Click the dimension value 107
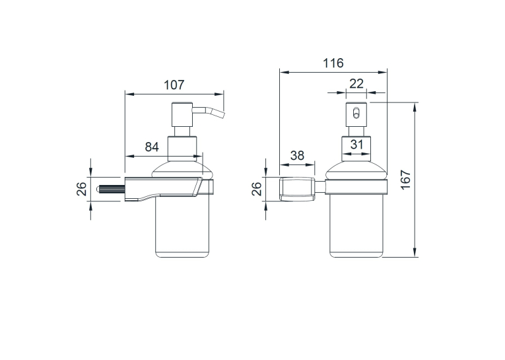pyautogui.click(x=174, y=85)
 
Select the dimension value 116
pyautogui.click(x=333, y=63)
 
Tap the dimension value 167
pyautogui.click(x=406, y=180)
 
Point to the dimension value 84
pyautogui.click(x=152, y=147)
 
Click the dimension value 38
pyautogui.click(x=297, y=155)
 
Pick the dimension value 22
pyautogui.click(x=356, y=84)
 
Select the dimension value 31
pyautogui.click(x=356, y=145)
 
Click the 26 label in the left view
pyautogui.click(x=81, y=189)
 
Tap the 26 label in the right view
pyautogui.click(x=256, y=189)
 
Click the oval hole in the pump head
pyautogui.click(x=356, y=113)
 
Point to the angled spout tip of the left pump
pyautogui.click(x=222, y=114)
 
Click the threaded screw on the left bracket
pyautogui.click(x=111, y=189)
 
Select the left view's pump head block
pyautogui.click(x=182, y=114)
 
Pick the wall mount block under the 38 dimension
pyautogui.click(x=297, y=189)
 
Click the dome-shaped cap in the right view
pyautogui.click(x=356, y=170)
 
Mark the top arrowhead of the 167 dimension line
pyautogui.click(x=415, y=107)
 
